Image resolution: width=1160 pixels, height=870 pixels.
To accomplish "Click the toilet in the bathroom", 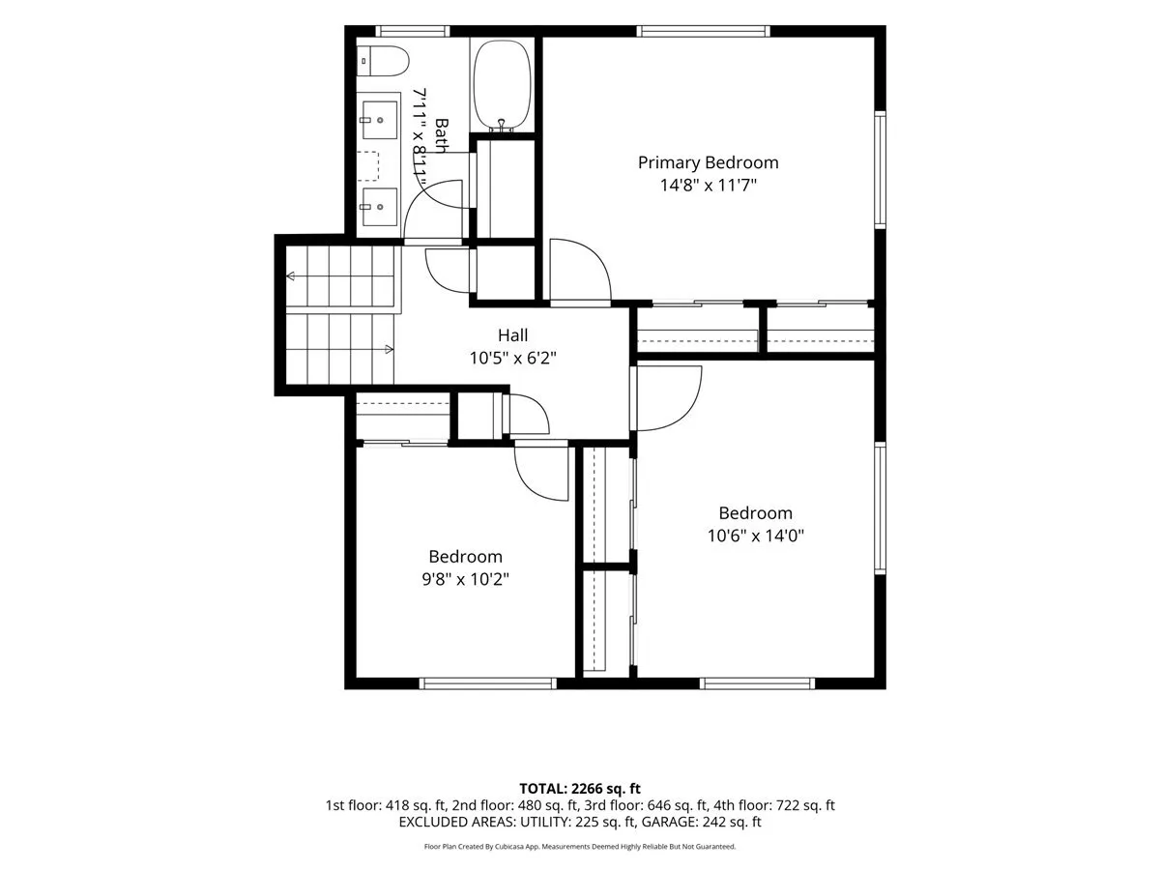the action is pyautogui.click(x=383, y=61).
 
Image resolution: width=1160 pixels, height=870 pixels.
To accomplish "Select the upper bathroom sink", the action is pyautogui.click(x=379, y=120).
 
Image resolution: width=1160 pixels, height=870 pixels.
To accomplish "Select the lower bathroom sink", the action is pyautogui.click(x=379, y=207).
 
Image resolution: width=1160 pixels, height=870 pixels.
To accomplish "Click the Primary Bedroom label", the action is pyautogui.click(x=708, y=163).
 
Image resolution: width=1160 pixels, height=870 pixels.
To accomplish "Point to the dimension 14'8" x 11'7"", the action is pyautogui.click(x=708, y=186).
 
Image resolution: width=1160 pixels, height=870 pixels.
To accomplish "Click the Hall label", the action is pyautogui.click(x=512, y=334).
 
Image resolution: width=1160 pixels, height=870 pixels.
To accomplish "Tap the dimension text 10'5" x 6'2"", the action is pyautogui.click(x=512, y=358).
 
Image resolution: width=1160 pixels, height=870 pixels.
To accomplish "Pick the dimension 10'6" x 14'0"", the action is pyautogui.click(x=755, y=536).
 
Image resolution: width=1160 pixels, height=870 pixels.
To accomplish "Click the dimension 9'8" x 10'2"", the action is pyautogui.click(x=465, y=579).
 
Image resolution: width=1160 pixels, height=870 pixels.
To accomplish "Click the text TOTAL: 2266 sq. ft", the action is pyautogui.click(x=580, y=789).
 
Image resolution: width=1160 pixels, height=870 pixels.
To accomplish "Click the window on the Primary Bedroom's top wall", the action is pyautogui.click(x=703, y=31).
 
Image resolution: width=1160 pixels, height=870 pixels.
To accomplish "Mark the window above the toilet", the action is pyautogui.click(x=413, y=31).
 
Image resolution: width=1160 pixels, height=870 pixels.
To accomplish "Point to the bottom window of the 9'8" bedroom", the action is pyautogui.click(x=488, y=683).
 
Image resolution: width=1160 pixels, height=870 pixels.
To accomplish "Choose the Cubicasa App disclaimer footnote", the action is pyautogui.click(x=580, y=847).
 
